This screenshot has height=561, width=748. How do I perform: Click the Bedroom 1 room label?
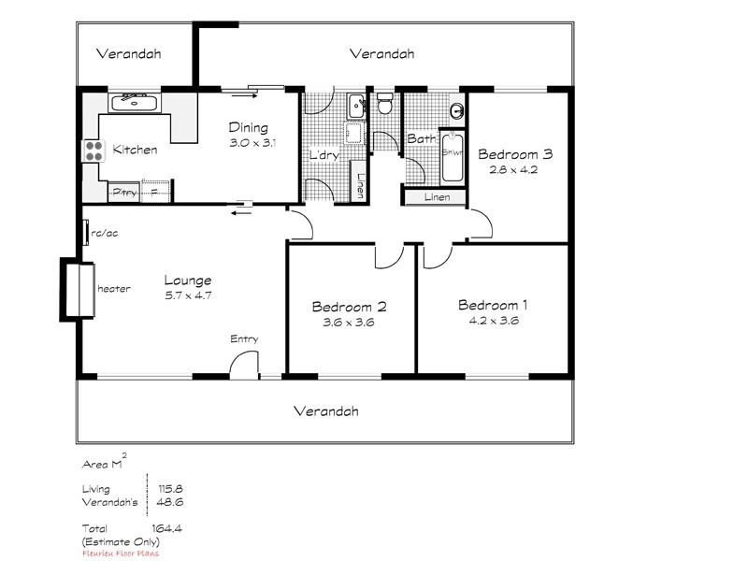point(493,305)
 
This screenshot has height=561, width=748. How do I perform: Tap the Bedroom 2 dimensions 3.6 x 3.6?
point(349,323)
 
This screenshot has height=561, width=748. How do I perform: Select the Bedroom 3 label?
point(515,155)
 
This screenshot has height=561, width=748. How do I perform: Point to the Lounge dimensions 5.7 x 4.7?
point(188,295)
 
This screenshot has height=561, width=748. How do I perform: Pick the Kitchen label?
point(135,150)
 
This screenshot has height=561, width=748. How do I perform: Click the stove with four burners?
point(93,151)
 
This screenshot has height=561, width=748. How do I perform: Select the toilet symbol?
point(384,105)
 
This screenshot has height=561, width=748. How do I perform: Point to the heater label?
point(113,290)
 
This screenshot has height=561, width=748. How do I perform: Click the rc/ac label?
point(102,234)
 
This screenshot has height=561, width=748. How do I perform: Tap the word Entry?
point(244,339)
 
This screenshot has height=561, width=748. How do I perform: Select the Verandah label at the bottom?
point(325,411)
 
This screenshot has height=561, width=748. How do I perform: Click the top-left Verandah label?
point(129,54)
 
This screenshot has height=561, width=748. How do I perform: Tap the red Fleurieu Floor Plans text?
point(120,553)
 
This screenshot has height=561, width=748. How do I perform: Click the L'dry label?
point(324,155)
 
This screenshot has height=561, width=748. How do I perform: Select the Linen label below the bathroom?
point(437,197)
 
